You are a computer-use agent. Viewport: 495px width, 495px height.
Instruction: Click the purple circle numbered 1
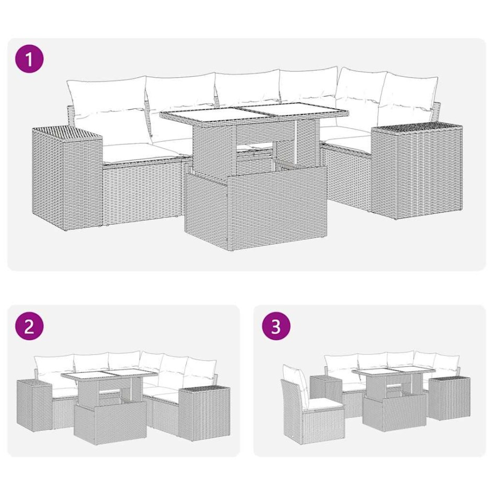[29, 59]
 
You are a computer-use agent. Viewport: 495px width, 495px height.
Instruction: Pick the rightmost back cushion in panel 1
[407, 97]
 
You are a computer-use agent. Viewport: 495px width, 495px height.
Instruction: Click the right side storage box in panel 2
[204, 410]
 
